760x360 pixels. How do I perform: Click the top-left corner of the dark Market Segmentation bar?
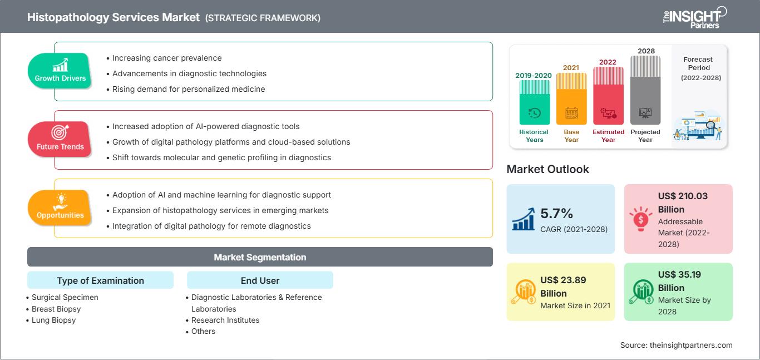[x=27, y=248]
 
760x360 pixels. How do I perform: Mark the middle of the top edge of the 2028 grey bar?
[x=645, y=56]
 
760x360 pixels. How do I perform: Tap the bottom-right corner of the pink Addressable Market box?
[x=733, y=253]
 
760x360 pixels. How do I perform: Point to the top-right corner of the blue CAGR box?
[x=615, y=184]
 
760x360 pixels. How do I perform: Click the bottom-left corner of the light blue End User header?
[x=187, y=288]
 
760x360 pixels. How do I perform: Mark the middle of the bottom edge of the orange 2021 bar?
[x=571, y=125]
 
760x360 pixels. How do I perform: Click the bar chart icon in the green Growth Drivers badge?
[x=61, y=65]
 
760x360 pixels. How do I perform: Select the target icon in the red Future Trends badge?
[x=60, y=132]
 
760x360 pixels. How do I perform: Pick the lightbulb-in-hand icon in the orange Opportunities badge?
[x=61, y=202]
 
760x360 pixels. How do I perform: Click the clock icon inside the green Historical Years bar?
[x=534, y=113]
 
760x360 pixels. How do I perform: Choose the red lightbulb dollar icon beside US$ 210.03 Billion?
[x=640, y=219]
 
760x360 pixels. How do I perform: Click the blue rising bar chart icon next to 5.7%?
[x=524, y=219]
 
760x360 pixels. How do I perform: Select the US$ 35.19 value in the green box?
[x=679, y=274]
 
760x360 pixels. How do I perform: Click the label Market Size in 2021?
[x=575, y=305]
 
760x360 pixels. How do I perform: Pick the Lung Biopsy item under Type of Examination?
[x=53, y=320]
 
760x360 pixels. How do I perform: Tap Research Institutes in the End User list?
[x=225, y=320]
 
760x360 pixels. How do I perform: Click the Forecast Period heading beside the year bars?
[x=698, y=63]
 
